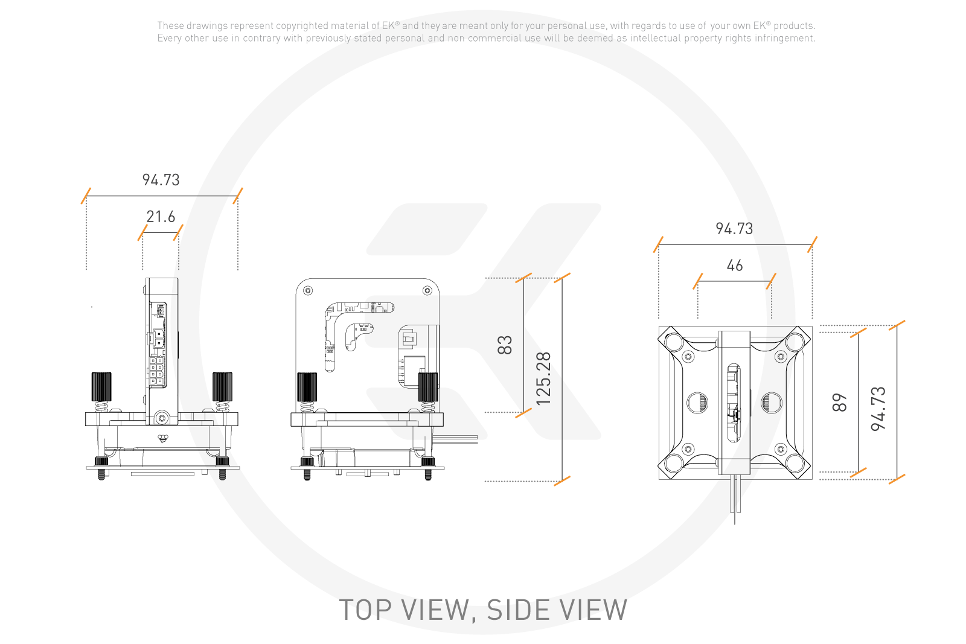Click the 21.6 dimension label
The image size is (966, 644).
click(x=161, y=217)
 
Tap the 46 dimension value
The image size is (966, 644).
click(x=735, y=265)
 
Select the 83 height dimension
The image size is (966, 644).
click(x=505, y=345)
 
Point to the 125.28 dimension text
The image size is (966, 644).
click(x=543, y=379)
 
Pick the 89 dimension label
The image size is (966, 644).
click(x=840, y=403)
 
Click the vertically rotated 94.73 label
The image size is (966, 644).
click(x=878, y=409)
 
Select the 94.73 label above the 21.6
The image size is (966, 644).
click(x=161, y=180)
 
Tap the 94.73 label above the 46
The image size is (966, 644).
click(x=734, y=229)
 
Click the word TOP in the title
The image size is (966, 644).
click(x=365, y=610)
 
